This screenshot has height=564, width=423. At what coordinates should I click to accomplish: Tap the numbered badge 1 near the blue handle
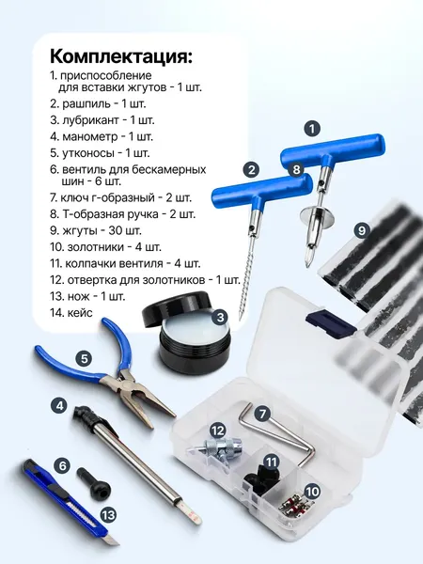tap(313, 128)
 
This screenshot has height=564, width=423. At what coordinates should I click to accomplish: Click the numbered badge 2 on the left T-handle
tap(250, 170)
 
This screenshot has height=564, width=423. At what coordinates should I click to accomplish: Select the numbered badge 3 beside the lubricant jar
tap(218, 317)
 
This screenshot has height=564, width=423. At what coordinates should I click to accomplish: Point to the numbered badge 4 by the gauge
tap(84, 358)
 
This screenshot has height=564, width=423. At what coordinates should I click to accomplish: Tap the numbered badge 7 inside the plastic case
tap(262, 412)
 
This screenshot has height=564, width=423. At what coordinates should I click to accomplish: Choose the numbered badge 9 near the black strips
tap(362, 228)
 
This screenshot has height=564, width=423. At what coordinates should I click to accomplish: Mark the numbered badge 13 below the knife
tap(109, 514)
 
